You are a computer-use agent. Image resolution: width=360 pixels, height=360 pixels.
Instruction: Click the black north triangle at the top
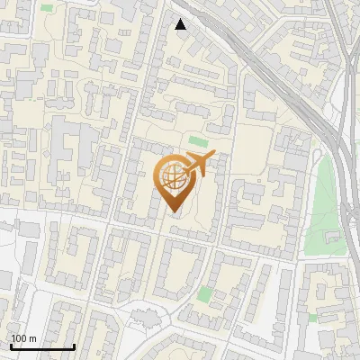[181, 24]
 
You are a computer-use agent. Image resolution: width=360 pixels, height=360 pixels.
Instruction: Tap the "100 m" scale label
[23, 338]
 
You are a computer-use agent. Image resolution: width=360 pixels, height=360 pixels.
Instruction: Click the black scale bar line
[42, 346]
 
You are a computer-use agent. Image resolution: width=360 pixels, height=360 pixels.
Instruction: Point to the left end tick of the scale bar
[11, 345]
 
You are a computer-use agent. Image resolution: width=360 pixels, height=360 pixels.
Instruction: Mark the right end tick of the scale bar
[74, 345]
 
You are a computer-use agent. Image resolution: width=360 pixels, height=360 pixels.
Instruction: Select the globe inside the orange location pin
[172, 177]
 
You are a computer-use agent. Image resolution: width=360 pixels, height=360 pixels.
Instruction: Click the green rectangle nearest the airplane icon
[197, 141]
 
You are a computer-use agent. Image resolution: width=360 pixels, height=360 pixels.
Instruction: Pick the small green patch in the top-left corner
[46, 7]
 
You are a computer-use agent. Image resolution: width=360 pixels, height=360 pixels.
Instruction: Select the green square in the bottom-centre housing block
[206, 293]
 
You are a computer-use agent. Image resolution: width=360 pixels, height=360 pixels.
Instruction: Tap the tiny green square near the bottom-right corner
[312, 317]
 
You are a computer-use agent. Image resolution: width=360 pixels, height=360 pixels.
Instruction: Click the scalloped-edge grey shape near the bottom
[144, 316]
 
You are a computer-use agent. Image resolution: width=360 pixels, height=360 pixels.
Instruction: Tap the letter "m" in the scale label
[32, 338]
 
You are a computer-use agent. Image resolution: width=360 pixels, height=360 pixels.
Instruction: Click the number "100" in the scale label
[19, 338]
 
